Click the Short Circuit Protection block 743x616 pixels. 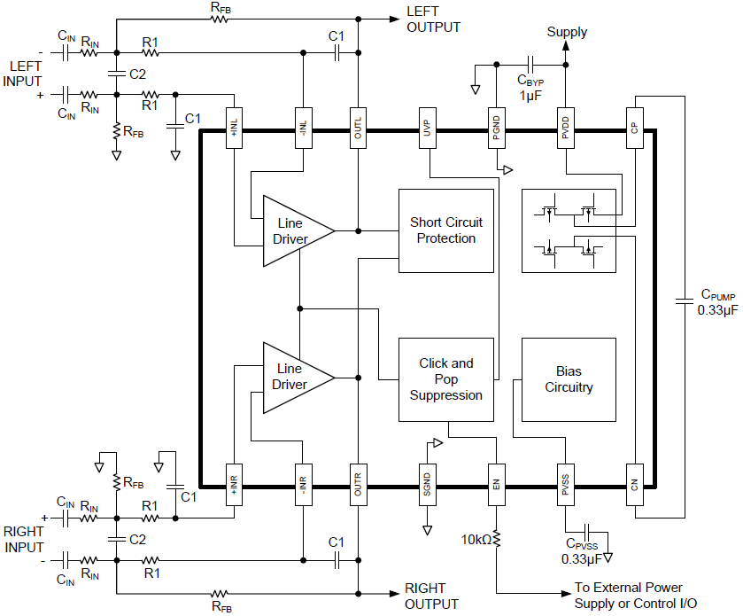[x=446, y=230]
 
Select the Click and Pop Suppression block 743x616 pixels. [x=446, y=379]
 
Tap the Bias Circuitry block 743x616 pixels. [x=569, y=379]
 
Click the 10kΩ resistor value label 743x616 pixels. [x=476, y=539]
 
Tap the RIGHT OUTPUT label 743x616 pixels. [x=431, y=596]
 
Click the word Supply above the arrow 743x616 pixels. [x=567, y=32]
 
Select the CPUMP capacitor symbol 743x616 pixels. [x=685, y=301]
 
